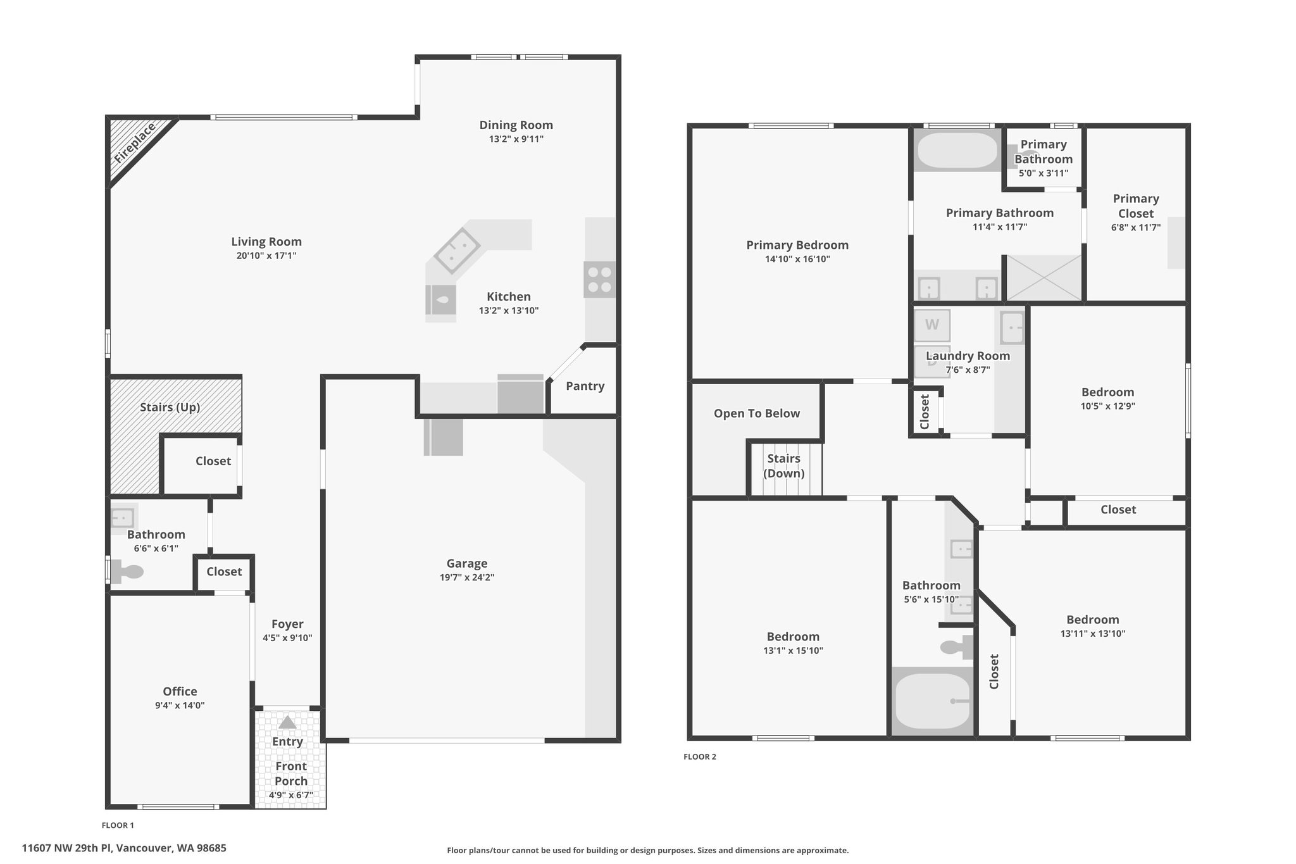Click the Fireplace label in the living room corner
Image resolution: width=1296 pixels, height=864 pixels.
click(x=135, y=144)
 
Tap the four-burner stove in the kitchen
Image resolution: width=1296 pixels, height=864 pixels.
click(x=599, y=280)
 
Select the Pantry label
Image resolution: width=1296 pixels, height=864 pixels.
click(x=585, y=386)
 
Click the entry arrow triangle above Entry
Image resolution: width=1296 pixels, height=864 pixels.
click(x=287, y=722)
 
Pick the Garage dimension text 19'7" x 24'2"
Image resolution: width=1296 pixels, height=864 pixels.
click(x=467, y=577)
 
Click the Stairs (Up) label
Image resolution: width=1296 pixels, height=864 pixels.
click(x=170, y=407)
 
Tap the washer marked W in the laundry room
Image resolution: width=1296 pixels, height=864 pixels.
click(x=932, y=325)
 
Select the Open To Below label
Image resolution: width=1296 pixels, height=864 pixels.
click(x=757, y=413)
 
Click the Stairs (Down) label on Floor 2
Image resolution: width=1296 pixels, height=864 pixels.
click(x=784, y=466)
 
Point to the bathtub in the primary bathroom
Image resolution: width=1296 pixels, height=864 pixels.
click(x=958, y=150)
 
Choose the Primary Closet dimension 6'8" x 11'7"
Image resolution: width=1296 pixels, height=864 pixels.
click(x=1136, y=227)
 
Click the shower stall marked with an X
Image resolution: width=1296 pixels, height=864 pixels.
click(x=1044, y=278)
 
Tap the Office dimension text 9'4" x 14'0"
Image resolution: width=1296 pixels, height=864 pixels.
click(x=180, y=705)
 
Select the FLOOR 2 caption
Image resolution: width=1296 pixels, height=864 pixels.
click(x=700, y=756)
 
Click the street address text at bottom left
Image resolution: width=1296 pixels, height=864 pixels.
click(x=124, y=848)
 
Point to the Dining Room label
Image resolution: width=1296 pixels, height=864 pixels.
click(x=516, y=125)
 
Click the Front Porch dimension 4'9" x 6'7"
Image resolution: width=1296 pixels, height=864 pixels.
click(x=291, y=796)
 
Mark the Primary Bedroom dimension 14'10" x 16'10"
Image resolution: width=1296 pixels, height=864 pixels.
click(x=797, y=259)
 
